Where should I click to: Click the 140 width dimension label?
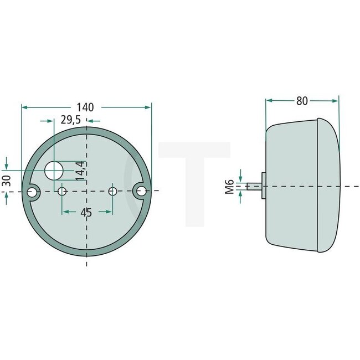coord(86,107)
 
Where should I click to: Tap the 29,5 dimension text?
coord(70,120)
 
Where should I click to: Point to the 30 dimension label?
coord(6,181)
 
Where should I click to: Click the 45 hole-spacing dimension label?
coord(86,213)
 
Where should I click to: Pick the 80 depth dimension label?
coord(302,101)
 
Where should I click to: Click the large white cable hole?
coord(54,171)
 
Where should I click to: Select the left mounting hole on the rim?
coord(33,192)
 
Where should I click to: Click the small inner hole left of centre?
coord(62,192)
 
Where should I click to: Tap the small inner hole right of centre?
coord(112,191)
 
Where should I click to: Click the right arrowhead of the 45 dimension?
coord(109,212)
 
